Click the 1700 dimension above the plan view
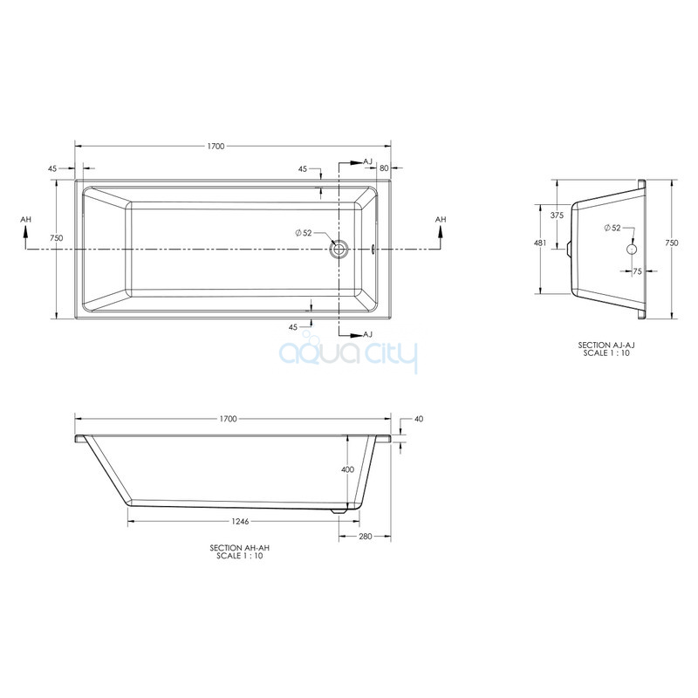click(x=216, y=147)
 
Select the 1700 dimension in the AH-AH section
click(x=229, y=419)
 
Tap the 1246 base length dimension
click(x=241, y=521)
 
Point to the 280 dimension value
click(x=366, y=537)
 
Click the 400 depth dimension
click(x=347, y=469)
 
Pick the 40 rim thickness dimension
click(x=419, y=419)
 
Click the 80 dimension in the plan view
click(x=384, y=168)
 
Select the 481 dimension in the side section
click(x=540, y=243)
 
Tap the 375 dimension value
click(x=557, y=216)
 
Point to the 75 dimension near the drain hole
click(x=638, y=271)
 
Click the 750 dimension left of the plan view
click(x=57, y=238)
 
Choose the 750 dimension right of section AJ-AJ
click(x=672, y=243)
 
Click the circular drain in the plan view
click(x=339, y=249)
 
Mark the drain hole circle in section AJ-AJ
click(x=632, y=249)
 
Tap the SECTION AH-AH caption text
click(x=239, y=548)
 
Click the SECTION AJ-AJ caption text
click(x=606, y=345)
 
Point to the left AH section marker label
click(x=26, y=220)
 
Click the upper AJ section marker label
click(x=367, y=161)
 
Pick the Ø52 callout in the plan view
click(x=304, y=233)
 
